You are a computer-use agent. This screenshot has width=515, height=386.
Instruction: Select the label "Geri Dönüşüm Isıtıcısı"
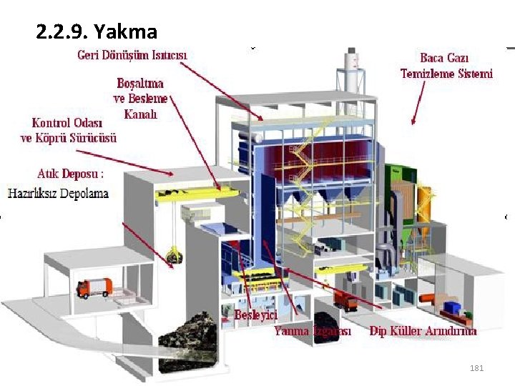(x=133, y=54)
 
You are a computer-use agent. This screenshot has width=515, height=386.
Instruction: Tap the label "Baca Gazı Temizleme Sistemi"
(x=446, y=66)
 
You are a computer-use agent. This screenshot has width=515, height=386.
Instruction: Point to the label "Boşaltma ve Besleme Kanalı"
(x=140, y=98)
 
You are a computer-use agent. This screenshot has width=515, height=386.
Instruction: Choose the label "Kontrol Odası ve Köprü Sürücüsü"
(x=69, y=130)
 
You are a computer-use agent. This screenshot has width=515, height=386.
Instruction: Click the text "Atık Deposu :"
(x=71, y=174)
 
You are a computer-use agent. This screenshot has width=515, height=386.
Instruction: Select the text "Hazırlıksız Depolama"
(x=59, y=193)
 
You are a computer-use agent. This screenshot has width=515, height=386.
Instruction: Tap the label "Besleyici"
(x=256, y=314)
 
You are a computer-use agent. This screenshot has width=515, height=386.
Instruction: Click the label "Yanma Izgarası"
(x=313, y=331)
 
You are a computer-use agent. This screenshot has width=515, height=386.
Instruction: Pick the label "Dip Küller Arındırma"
(x=423, y=331)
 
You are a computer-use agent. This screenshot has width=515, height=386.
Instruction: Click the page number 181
(x=476, y=368)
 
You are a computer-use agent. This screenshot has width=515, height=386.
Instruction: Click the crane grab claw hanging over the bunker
(x=172, y=255)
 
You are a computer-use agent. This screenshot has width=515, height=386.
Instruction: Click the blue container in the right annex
(x=453, y=308)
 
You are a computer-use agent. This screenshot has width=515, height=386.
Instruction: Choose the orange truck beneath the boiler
(x=346, y=300)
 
